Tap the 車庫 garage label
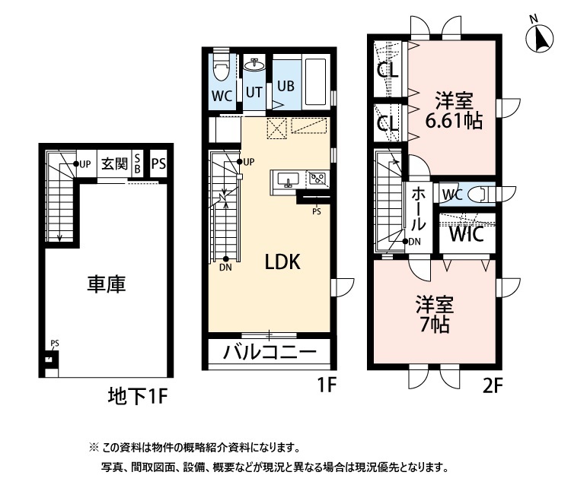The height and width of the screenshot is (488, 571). coord(105,284)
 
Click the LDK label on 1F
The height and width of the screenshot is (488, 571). coord(283,262)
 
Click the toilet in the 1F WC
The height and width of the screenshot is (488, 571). coord(222,71)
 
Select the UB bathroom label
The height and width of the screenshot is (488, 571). coord(285,85)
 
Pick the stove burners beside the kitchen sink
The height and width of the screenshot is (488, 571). coord(316,179)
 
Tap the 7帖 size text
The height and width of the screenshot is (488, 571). coord(434,325)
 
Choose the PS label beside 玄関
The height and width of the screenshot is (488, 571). coord(158,163)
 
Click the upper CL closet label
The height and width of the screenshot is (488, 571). coord(388,72)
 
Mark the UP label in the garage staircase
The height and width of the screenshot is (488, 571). coord(84,163)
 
